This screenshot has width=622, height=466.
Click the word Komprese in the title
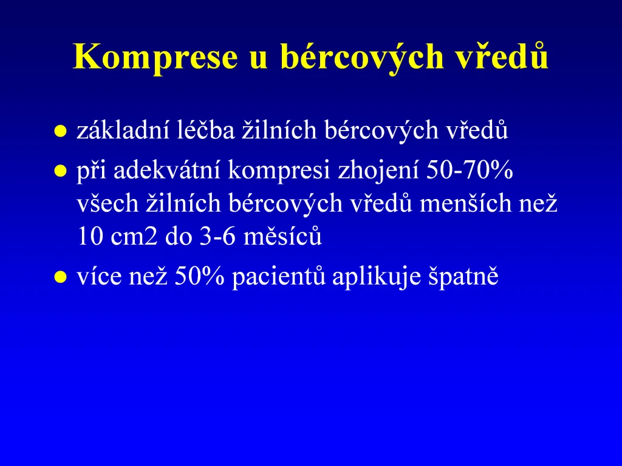coord(155,58)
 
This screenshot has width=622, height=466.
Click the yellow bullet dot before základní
coord(60,132)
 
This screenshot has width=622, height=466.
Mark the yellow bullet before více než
coord(60,277)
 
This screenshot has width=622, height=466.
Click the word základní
coord(123,130)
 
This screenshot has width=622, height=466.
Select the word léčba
coord(205,129)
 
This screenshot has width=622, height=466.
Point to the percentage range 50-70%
coord(470,170)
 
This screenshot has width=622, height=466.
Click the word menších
coord(466,203)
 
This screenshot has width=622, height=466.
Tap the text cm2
coord(134,237)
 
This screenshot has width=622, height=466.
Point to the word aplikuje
coord(377,277)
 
